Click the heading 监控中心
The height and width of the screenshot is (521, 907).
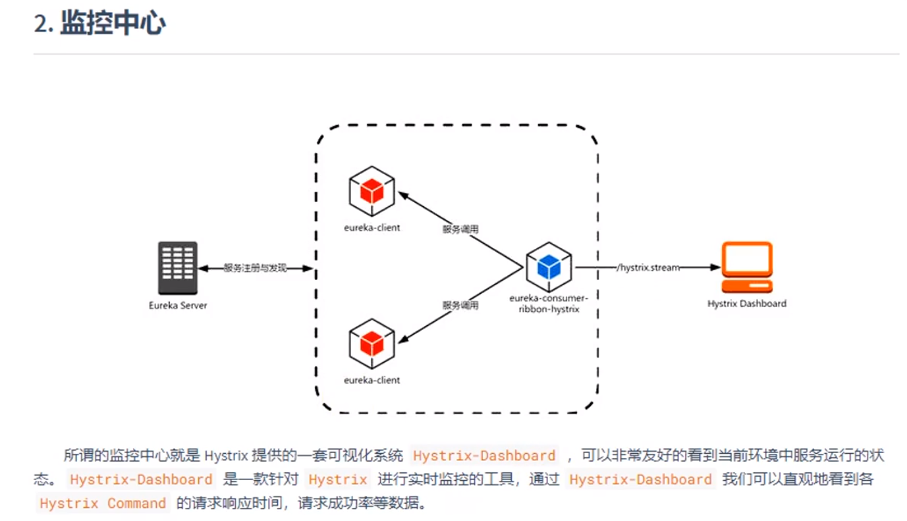pos(113,24)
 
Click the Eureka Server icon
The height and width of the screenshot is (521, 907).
pos(178,267)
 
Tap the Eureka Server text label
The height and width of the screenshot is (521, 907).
pos(178,306)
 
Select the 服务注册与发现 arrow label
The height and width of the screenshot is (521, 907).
pos(255,268)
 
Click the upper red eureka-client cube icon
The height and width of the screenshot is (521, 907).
pos(371,191)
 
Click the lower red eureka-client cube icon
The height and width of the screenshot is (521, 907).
pos(371,343)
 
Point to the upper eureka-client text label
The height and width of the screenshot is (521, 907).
pos(371,228)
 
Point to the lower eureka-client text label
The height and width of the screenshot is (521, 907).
pos(371,380)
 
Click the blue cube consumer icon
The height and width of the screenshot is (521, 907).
pos(548,267)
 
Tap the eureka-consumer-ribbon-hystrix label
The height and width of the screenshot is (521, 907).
pos(545,304)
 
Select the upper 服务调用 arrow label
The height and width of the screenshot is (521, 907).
pos(460,229)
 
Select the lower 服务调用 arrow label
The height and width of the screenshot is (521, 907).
pos(460,306)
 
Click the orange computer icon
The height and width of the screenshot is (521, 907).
pos(746,267)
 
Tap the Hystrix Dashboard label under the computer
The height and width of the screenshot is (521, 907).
pos(746,304)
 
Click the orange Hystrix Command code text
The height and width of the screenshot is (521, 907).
pos(103,504)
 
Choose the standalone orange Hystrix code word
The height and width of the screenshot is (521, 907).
pos(338,480)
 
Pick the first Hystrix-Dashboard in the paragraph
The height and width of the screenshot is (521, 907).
pos(484,456)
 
